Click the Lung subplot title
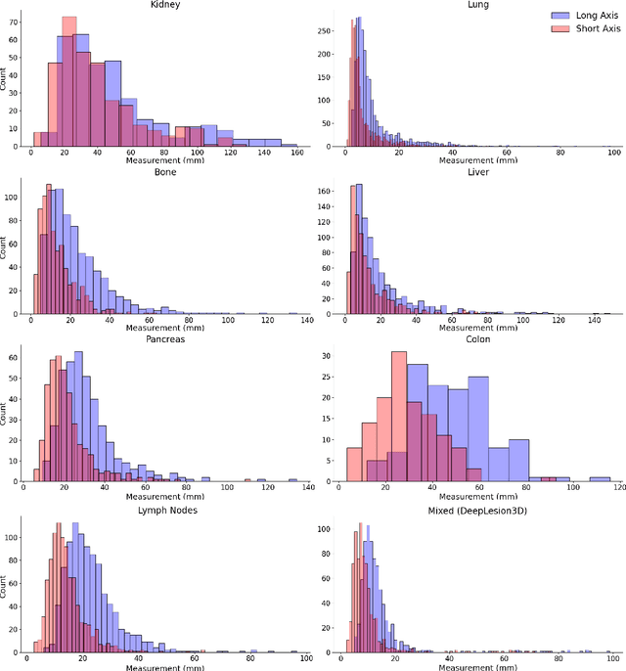(477, 6)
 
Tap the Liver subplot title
(477, 173)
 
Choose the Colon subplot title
(477, 340)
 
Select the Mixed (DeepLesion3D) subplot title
(477, 509)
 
